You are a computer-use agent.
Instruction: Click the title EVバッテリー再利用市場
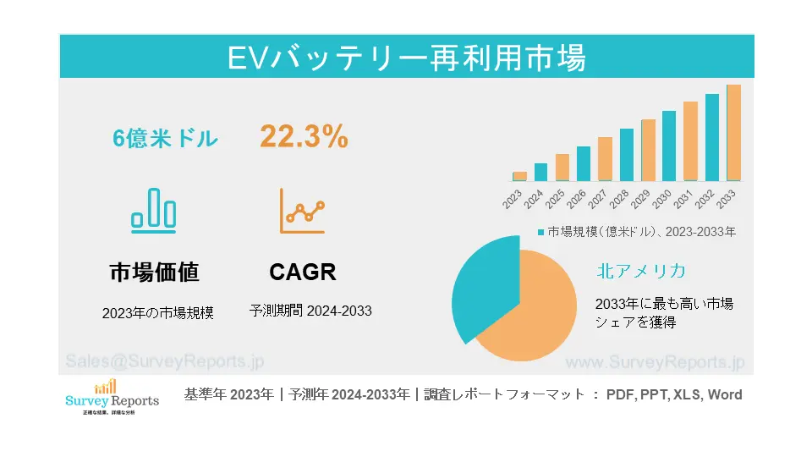click(406, 58)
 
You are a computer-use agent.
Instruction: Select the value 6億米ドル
click(166, 139)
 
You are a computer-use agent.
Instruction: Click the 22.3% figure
click(304, 137)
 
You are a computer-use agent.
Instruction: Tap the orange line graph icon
click(302, 211)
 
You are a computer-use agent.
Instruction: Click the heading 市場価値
click(155, 273)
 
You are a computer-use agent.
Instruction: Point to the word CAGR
click(303, 273)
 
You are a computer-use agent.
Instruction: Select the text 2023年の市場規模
click(158, 312)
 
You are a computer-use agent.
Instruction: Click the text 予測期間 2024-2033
click(310, 311)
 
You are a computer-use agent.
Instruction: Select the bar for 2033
click(733, 133)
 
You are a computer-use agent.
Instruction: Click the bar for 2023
click(519, 176)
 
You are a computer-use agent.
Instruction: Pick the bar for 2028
click(626, 155)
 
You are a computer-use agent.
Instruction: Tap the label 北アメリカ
click(640, 271)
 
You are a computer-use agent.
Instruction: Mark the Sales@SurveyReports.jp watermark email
click(164, 361)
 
